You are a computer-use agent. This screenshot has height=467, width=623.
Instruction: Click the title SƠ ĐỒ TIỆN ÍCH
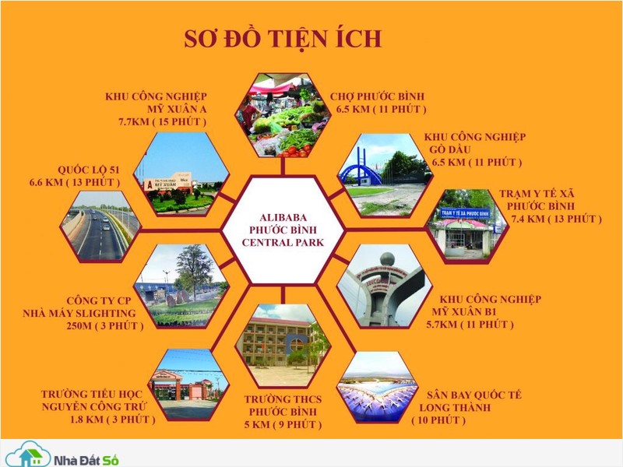283,39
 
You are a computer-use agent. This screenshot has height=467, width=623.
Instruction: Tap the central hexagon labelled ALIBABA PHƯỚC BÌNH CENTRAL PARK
283,230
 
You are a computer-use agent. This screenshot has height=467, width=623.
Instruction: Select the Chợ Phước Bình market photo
283,114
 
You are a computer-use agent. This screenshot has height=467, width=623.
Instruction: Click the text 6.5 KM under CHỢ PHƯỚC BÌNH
353,109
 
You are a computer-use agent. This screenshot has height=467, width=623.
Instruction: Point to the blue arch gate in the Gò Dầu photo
361,169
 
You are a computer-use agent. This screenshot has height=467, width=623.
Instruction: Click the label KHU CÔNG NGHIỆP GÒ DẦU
475,143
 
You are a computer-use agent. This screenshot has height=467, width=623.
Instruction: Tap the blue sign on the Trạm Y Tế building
465,213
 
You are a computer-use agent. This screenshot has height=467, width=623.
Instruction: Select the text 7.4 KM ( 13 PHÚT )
556,219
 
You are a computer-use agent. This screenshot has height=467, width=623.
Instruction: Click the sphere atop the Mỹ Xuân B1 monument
387,260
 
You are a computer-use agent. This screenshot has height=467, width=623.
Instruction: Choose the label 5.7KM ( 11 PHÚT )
470,325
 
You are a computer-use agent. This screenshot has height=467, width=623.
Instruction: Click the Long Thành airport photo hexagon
378,388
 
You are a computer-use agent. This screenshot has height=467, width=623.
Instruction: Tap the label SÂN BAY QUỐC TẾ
474,395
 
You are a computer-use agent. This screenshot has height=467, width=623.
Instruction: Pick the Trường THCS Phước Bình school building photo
283,346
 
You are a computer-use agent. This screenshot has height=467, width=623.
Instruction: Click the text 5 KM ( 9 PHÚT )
283,424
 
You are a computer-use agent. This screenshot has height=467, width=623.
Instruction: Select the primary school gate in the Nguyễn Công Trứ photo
171,384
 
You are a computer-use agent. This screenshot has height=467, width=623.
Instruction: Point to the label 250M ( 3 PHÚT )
105,326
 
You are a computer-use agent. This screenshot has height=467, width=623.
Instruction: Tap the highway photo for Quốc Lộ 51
100,226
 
